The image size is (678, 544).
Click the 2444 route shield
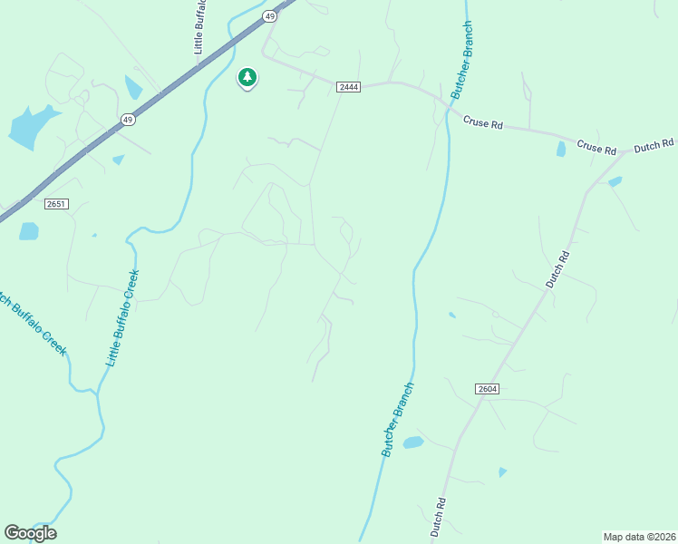click(x=349, y=86)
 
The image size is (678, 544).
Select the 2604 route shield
click(x=487, y=389)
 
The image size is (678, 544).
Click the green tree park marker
click(x=247, y=77)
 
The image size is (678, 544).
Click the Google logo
click(x=30, y=533)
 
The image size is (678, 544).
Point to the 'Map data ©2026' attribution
click(x=639, y=537)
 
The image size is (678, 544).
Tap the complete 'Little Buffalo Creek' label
click(x=121, y=318)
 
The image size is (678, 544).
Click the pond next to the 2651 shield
click(x=29, y=231)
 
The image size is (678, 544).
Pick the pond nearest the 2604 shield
click(x=413, y=442)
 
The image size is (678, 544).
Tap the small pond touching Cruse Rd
click(x=561, y=149)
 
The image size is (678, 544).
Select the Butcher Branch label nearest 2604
click(x=397, y=420)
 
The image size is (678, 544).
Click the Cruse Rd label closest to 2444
click(x=482, y=122)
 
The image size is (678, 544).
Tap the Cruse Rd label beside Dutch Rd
click(x=596, y=148)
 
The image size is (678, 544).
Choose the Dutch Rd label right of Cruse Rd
click(x=654, y=144)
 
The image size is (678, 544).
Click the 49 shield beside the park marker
click(x=270, y=16)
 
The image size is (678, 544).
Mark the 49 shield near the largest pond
click(x=128, y=119)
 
